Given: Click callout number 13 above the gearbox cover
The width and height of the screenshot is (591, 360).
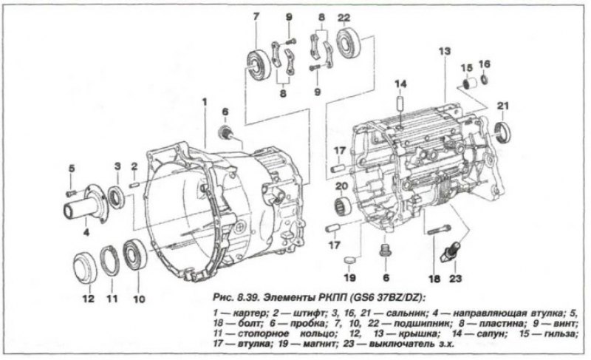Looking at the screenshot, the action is coord(445,51).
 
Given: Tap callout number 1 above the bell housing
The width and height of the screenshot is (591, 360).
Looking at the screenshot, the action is coord(205,101).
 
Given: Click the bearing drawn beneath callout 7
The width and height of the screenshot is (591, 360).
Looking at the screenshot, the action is coord(259,64).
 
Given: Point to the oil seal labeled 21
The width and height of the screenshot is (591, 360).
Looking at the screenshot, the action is coord(503,132).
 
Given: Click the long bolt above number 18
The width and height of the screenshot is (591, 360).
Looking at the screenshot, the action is coord(439,230).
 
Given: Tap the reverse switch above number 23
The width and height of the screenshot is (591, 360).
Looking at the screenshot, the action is coord(452,251).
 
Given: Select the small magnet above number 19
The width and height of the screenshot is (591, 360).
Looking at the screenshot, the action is coord(350,259).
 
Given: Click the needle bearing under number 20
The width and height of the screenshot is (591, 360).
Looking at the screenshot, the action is coord(343,206).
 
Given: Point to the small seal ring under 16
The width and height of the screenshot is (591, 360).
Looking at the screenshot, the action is coord(485,79).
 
